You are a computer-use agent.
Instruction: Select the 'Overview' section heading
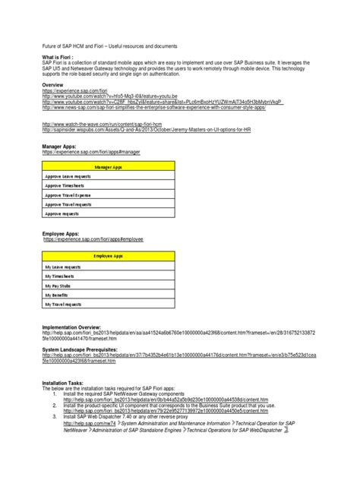(55, 106)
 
